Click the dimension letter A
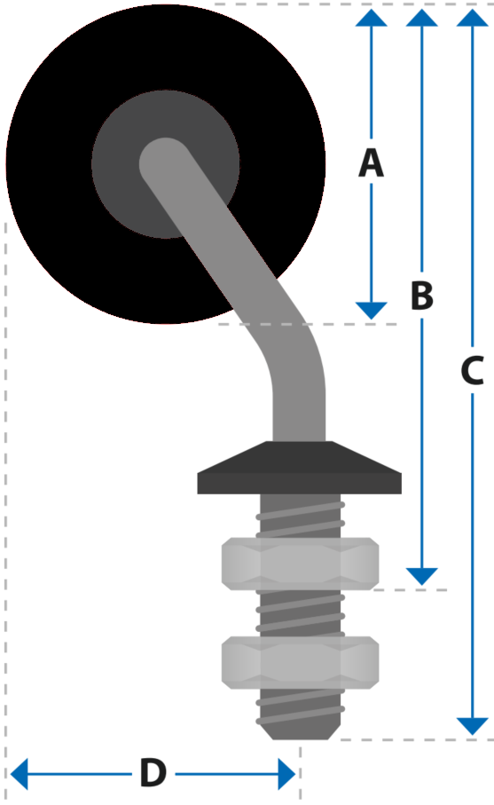click(x=371, y=162)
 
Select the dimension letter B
click(x=421, y=296)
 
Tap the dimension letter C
click(x=472, y=370)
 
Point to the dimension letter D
click(x=153, y=773)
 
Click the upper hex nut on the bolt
click(x=300, y=564)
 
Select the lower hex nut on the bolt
click(x=300, y=662)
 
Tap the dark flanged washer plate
click(x=300, y=468)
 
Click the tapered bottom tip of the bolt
click(x=300, y=731)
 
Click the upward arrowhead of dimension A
click(x=371, y=18)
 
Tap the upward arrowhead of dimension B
click(x=421, y=18)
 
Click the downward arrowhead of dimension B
click(x=421, y=577)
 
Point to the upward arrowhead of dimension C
click(x=472, y=18)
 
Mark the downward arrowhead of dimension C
click(x=472, y=727)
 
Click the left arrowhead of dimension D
click(x=19, y=774)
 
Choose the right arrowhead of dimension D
click(x=286, y=774)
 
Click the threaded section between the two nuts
click(x=300, y=613)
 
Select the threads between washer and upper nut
click(x=301, y=516)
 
